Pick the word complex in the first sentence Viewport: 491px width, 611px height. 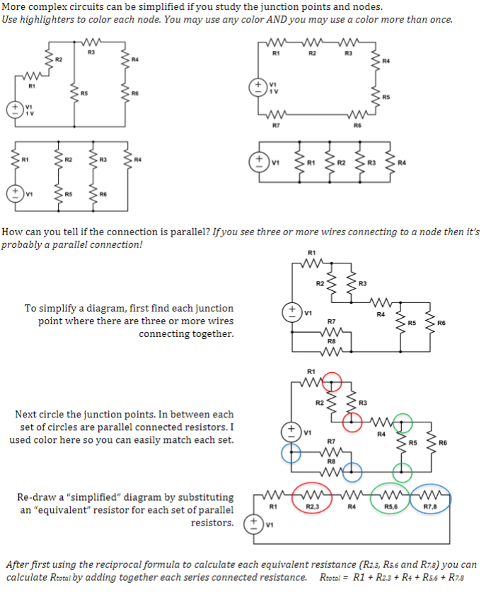point(47,6)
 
